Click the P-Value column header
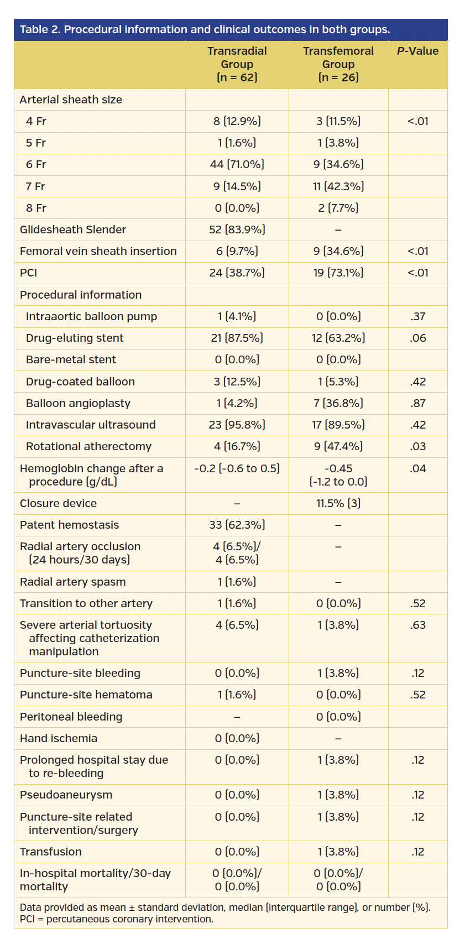417,51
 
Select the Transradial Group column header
237,64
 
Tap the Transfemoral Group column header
338,64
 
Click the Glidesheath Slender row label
73,229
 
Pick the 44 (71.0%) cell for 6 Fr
237,164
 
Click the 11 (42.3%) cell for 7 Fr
338,186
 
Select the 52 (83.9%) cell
237,229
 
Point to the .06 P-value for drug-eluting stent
417,338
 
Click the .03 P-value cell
417,446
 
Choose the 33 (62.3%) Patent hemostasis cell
237,525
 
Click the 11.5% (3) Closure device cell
338,503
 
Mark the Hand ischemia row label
59,738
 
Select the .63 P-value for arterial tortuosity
417,625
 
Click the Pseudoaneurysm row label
66,795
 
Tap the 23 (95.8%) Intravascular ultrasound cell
237,425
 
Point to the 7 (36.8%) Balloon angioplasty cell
338,403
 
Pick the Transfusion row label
51,852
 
